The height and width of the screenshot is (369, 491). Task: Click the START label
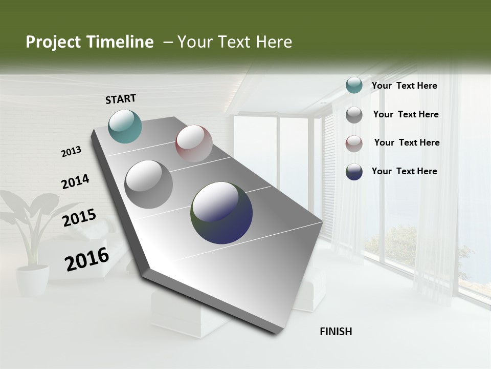(121, 99)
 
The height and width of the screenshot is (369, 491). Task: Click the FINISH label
(336, 332)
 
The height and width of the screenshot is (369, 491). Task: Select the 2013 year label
(71, 152)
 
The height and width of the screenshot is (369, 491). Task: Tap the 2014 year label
(75, 182)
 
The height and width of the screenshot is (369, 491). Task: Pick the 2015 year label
(79, 218)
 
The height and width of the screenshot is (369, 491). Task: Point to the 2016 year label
(87, 259)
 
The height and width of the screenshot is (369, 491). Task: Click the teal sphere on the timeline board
(125, 126)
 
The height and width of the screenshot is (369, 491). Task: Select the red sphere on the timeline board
(194, 143)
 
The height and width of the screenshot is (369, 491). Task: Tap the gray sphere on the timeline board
(149, 184)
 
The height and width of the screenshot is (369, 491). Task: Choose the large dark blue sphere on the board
(221, 213)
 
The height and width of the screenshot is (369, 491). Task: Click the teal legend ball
(354, 86)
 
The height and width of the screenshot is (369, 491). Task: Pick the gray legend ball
(354, 115)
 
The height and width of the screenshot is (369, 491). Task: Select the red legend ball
(354, 143)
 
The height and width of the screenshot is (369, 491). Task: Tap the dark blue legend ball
(354, 172)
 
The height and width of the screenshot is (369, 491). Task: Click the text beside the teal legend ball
(404, 86)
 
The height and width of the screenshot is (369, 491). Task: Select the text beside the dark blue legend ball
(404, 171)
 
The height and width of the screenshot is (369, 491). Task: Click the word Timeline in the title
(120, 42)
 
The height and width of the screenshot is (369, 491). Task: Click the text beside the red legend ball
(407, 142)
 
